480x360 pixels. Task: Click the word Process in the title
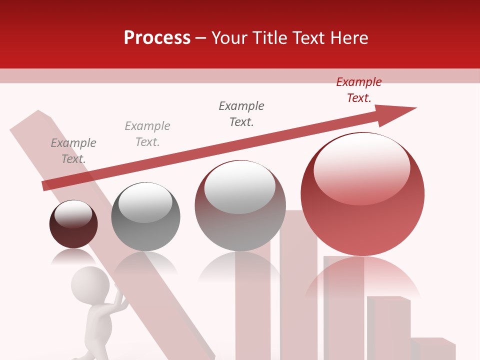click(x=157, y=38)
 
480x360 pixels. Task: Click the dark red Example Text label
click(x=358, y=90)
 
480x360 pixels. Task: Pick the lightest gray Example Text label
click(x=147, y=134)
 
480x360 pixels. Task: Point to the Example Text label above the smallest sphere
click(x=73, y=151)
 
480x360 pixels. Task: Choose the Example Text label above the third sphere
click(x=241, y=114)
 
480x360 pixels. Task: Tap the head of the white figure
click(x=90, y=284)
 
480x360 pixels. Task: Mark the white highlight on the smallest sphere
click(x=73, y=214)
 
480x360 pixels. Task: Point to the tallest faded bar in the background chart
click(x=298, y=285)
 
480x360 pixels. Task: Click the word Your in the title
click(x=230, y=38)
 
